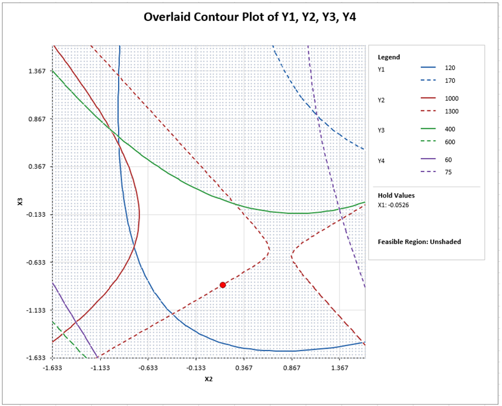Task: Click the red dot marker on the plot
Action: [223, 285]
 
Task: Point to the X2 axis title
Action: [209, 379]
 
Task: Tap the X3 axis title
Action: [21, 202]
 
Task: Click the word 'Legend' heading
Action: [389, 57]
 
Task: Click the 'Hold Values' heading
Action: [396, 196]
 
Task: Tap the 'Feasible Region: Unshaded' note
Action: [418, 242]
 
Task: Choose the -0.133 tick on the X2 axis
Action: [195, 368]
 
